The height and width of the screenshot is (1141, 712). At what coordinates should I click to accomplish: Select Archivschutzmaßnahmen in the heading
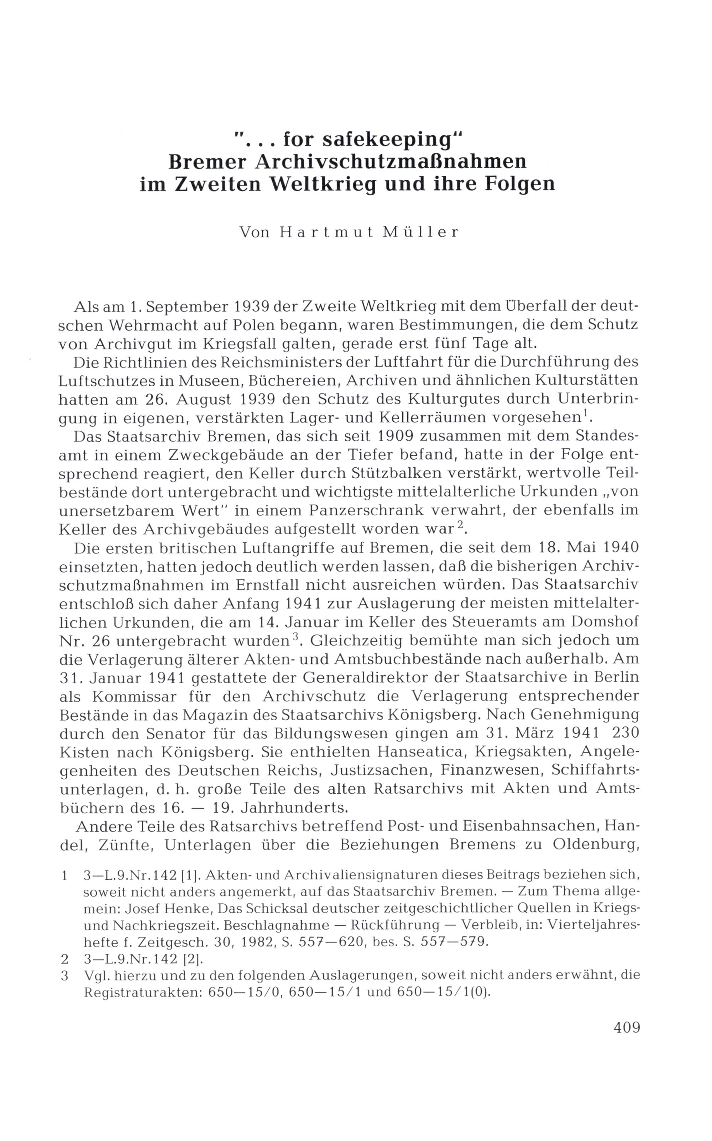click(x=391, y=162)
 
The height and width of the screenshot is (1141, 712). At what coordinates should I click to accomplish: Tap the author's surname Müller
click(x=420, y=232)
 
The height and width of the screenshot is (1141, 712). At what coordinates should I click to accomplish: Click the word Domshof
click(x=604, y=622)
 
